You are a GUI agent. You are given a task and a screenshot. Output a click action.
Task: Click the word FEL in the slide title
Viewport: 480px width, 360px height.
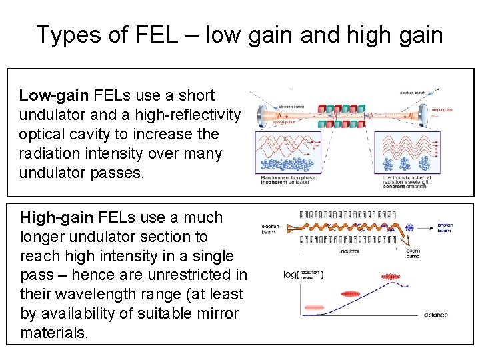[158, 34]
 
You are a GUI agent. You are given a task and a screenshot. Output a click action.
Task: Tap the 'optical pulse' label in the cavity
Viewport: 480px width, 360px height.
[285, 123]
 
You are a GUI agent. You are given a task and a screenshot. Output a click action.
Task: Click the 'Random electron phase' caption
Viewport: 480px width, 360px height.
[288, 177]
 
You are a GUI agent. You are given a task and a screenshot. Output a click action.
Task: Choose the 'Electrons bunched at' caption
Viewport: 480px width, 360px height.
[407, 177]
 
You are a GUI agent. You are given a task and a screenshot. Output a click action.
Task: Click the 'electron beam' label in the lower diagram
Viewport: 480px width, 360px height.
[271, 228]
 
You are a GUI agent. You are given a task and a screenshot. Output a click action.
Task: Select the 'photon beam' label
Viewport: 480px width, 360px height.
[445, 228]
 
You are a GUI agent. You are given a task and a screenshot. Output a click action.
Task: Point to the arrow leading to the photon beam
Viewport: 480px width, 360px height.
[425, 227]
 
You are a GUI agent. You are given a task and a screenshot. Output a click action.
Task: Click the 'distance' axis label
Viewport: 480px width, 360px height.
[435, 315]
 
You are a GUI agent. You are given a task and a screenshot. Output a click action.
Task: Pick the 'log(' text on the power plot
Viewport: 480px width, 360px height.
[291, 275]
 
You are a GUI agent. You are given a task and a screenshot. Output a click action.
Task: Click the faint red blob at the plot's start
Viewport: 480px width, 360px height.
[312, 307]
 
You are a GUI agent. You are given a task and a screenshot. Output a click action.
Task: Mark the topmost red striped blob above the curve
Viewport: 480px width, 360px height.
[390, 276]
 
